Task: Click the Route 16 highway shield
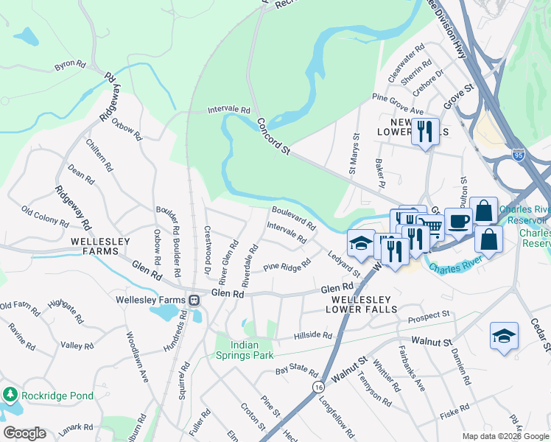317,386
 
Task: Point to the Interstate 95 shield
519,155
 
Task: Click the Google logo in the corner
24,433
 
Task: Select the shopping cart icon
430,226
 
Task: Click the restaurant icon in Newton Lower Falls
425,132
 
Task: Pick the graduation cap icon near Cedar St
505,336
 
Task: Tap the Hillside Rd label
313,335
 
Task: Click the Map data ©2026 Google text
505,436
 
